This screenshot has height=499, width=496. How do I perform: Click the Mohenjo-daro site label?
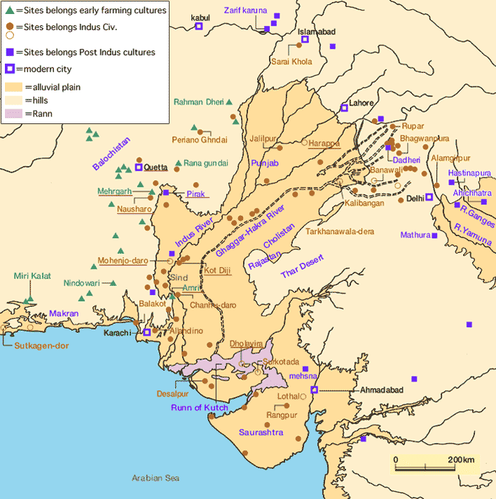pyautogui.click(x=123, y=260)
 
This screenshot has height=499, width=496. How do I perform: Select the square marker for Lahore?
pyautogui.click(x=344, y=107)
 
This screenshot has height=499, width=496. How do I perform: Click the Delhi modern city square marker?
pyautogui.click(x=429, y=198)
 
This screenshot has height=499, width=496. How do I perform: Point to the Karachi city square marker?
pyautogui.click(x=147, y=332)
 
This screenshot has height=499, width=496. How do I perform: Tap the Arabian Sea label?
pyautogui.click(x=156, y=477)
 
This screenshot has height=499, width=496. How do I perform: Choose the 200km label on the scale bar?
pyautogui.click(x=460, y=459)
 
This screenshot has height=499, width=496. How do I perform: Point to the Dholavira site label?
pyautogui.click(x=247, y=344)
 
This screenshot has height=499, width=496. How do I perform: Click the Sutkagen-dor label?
pyautogui.click(x=29, y=344)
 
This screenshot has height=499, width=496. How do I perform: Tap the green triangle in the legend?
pyautogui.click(x=8, y=11)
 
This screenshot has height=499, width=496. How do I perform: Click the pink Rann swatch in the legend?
pyautogui.click(x=13, y=114)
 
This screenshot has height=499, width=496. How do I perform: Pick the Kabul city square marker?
pyautogui.click(x=199, y=26)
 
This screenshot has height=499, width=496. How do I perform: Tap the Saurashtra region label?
pyautogui.click(x=261, y=432)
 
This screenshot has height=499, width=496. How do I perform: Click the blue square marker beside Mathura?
pyautogui.click(x=434, y=235)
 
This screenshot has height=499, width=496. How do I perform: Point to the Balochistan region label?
pyautogui.click(x=111, y=154)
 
